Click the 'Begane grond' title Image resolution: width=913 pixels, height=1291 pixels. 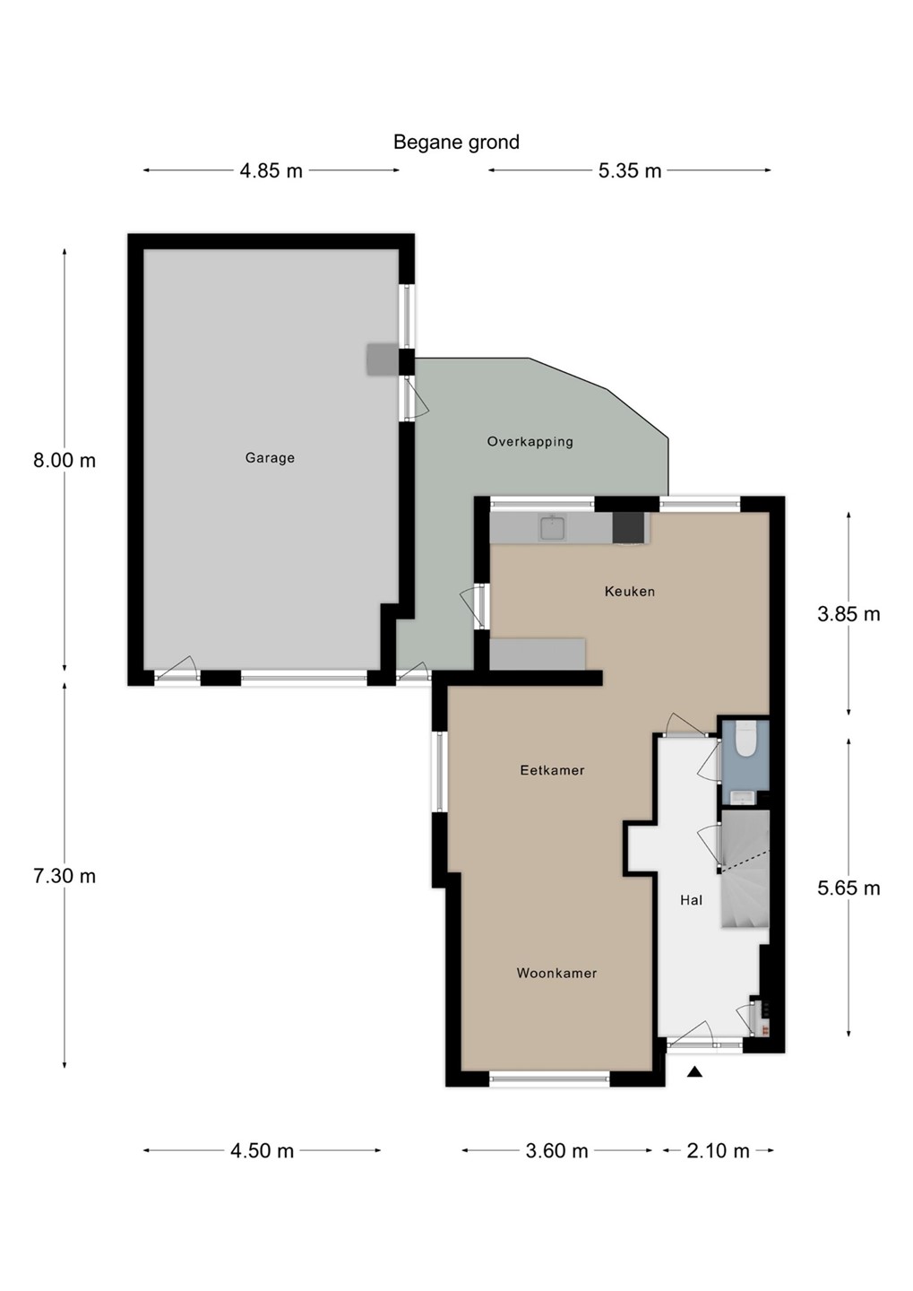pyautogui.click(x=456, y=142)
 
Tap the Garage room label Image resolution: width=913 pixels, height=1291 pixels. pyautogui.click(x=270, y=458)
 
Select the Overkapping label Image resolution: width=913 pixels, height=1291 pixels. pyautogui.click(x=530, y=442)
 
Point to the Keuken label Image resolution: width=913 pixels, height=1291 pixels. pyautogui.click(x=630, y=592)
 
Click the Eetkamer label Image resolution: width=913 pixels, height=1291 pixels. pyautogui.click(x=553, y=770)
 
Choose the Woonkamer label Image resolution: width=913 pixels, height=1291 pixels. pyautogui.click(x=556, y=974)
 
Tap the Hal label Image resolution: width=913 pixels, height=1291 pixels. pyautogui.click(x=691, y=900)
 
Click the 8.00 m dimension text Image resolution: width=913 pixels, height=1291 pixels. pyautogui.click(x=65, y=461)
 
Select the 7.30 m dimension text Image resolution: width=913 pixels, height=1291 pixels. pyautogui.click(x=65, y=877)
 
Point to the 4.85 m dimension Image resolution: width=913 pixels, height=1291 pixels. pyautogui.click(x=271, y=171)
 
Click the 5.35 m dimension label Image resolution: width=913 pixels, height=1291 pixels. pyautogui.click(x=630, y=171)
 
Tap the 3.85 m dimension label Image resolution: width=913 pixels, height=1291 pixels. pyautogui.click(x=848, y=614)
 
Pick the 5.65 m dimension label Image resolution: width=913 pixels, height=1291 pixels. pyautogui.click(x=848, y=888)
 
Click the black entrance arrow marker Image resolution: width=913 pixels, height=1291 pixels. pyautogui.click(x=696, y=1071)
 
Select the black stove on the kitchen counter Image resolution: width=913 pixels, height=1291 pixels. pyautogui.click(x=628, y=528)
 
